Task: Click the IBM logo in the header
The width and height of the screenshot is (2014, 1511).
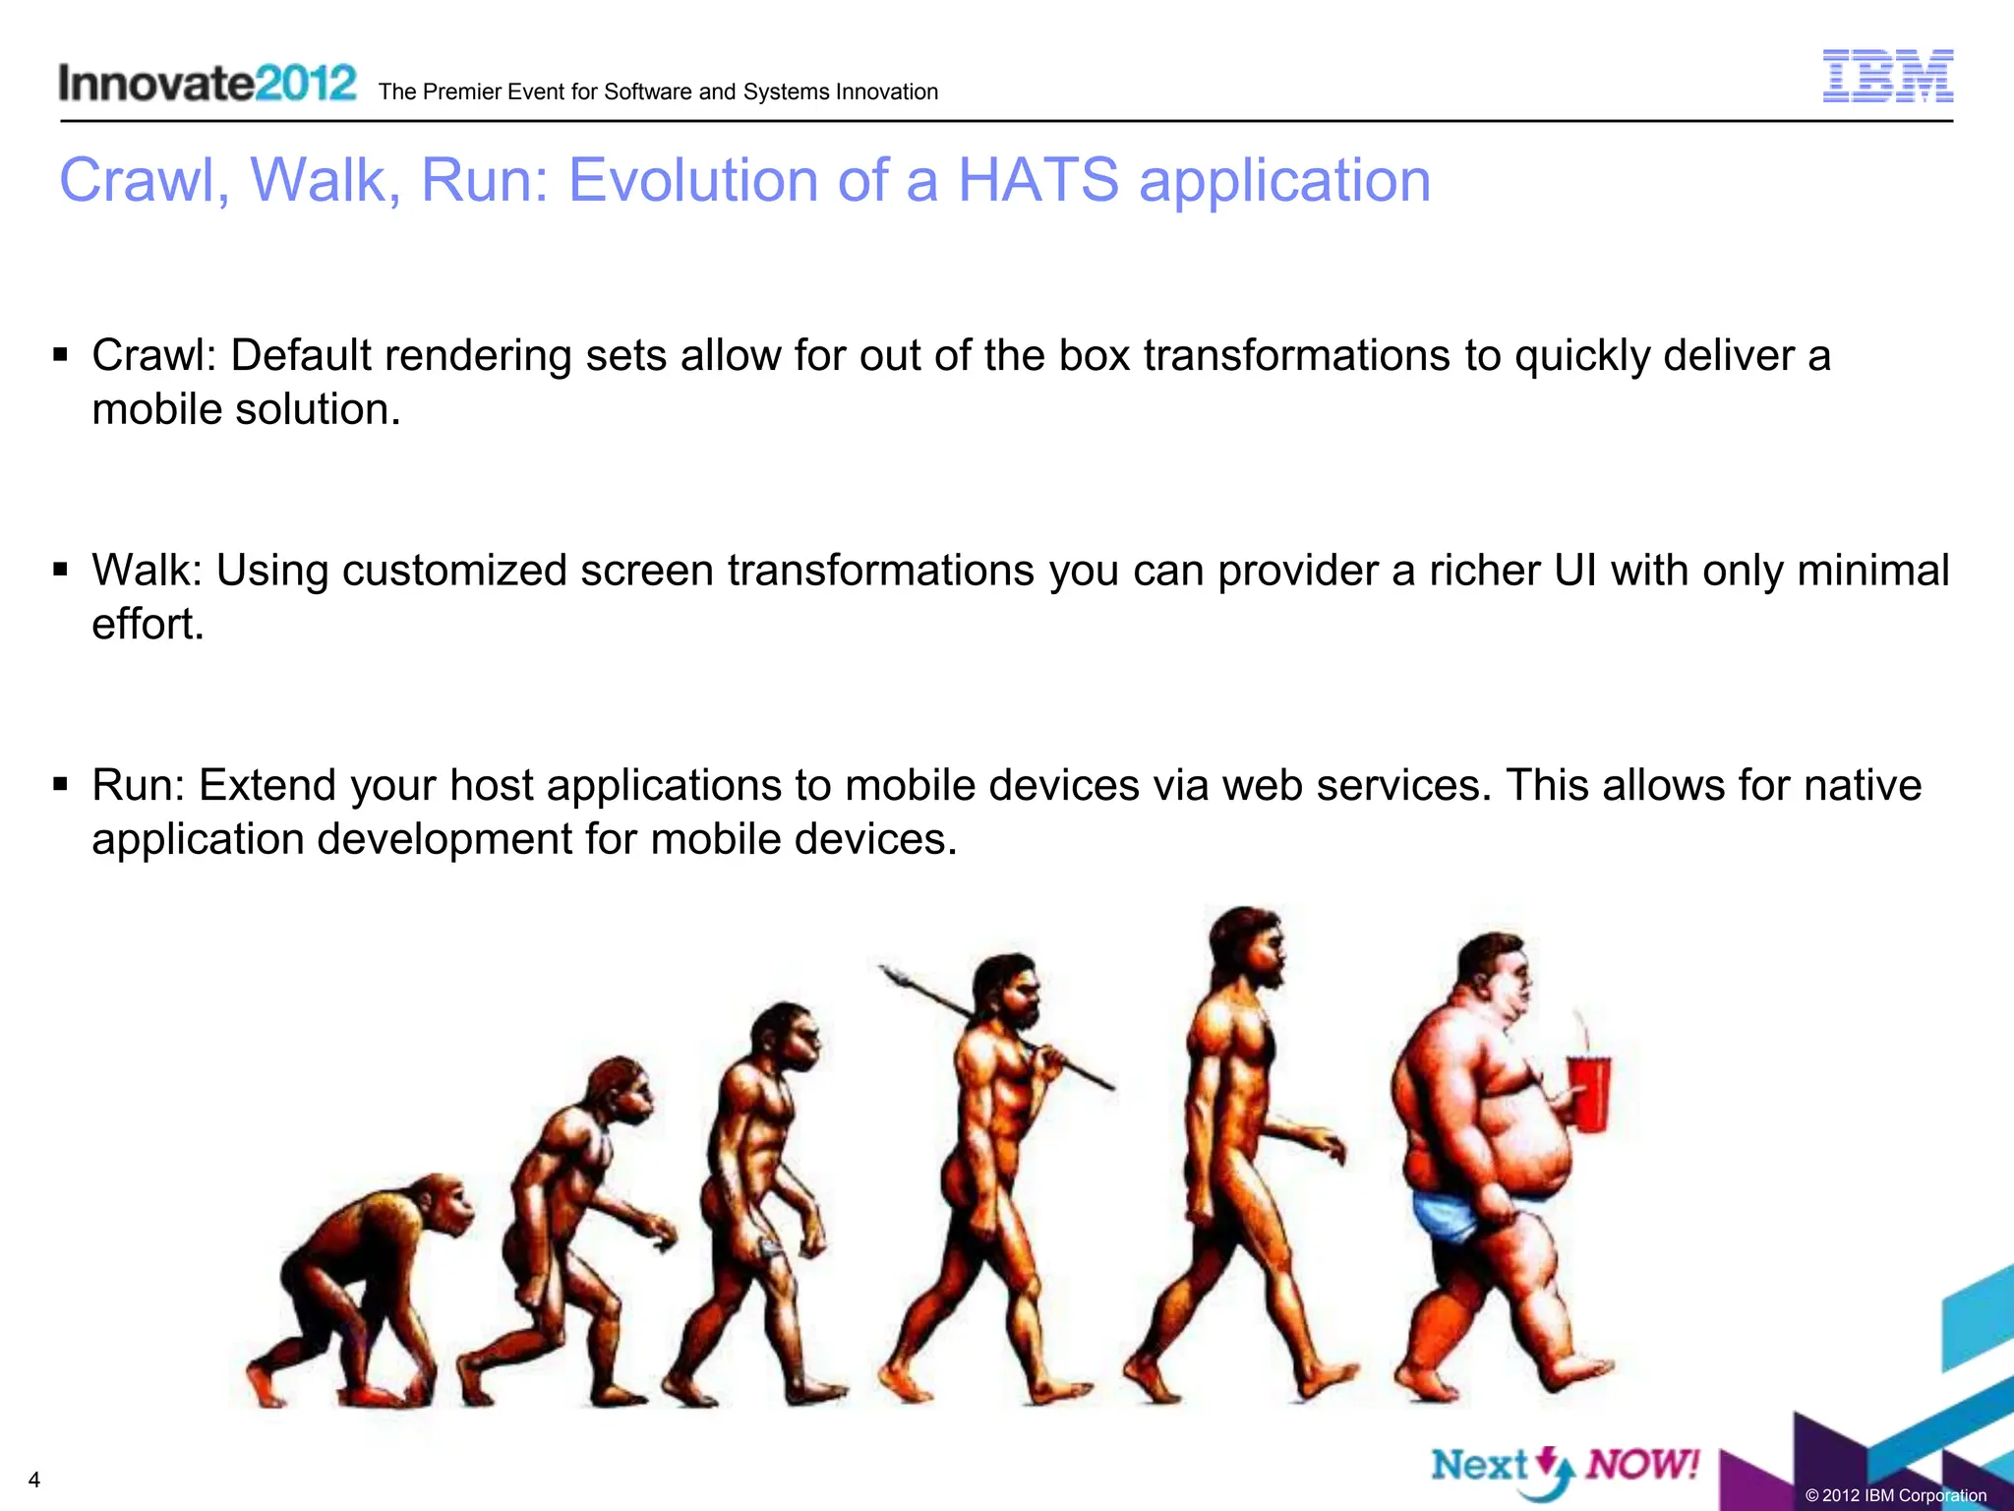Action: click(1887, 76)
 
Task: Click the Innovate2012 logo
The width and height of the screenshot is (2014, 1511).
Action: click(207, 83)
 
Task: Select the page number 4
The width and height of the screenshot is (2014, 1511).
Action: click(34, 1481)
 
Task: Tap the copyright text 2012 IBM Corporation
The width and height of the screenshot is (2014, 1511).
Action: click(1896, 1495)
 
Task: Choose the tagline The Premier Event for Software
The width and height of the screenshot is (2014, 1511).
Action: click(657, 92)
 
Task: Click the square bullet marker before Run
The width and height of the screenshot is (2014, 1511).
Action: click(61, 784)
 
